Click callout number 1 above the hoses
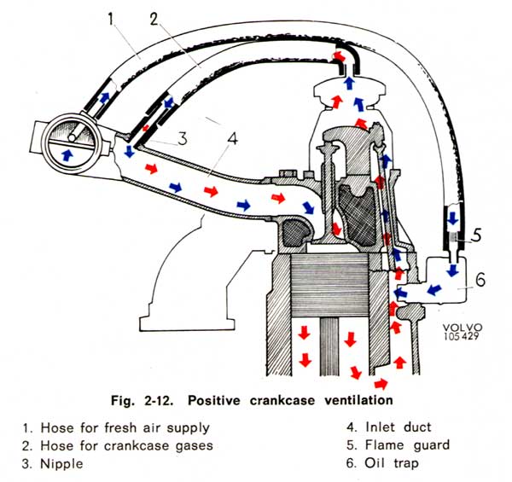tap(111, 19)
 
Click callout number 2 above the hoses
tap(154, 20)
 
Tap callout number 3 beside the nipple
tap(183, 138)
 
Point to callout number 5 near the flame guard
tap(477, 235)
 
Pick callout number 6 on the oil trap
tap(480, 279)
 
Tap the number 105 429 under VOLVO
tap(461, 336)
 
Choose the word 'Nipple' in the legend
tap(61, 464)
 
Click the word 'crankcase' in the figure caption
tap(282, 400)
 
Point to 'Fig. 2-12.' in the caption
tap(142, 400)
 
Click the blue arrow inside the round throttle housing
tap(67, 154)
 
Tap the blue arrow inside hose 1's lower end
tap(104, 97)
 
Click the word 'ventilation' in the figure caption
tap(358, 400)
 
